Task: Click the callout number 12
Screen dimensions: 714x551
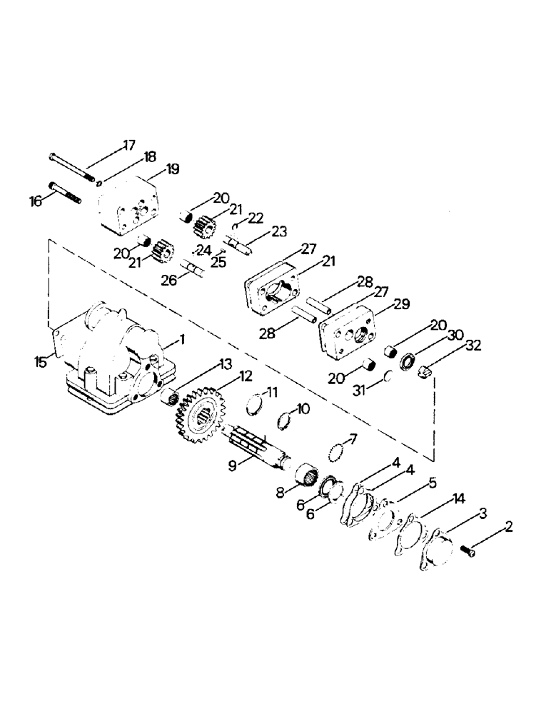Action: [x=226, y=377]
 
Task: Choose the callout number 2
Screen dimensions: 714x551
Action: [x=507, y=528]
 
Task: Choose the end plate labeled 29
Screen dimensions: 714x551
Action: [x=353, y=328]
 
